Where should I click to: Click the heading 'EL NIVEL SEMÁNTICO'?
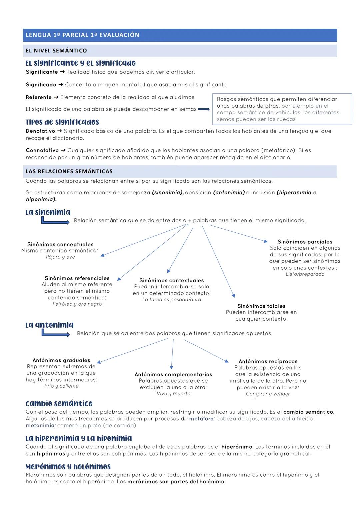point(56,51)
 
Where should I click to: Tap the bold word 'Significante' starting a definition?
point(42,72)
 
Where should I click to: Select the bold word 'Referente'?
point(39,97)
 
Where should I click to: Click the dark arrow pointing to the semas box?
point(203,109)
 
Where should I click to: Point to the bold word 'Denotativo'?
point(40,131)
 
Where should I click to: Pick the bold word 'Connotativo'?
point(42,150)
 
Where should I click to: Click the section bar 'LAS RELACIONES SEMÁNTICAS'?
point(69,171)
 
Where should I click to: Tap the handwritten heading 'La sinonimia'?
point(48,212)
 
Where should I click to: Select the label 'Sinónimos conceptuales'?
point(60,244)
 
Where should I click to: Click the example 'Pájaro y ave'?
point(60,257)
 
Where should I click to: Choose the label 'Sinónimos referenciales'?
point(77,278)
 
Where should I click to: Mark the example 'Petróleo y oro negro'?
point(77,304)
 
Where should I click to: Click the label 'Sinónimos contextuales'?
point(171,280)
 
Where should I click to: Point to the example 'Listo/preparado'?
point(305,274)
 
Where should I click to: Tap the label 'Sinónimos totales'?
point(261,306)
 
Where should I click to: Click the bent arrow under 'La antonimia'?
point(55,333)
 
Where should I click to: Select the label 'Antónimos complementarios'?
point(173,374)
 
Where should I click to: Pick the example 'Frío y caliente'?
point(61,386)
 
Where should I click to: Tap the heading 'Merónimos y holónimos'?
point(68,467)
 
